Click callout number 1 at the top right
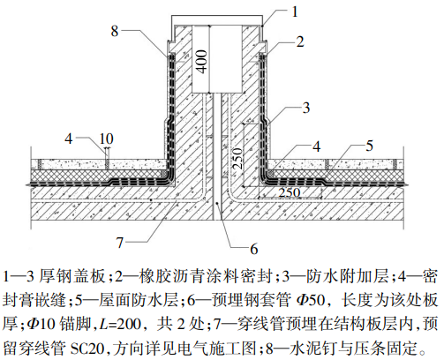click(295, 11)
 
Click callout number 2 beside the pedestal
click(300, 41)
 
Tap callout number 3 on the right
click(306, 108)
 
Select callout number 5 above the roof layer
click(369, 146)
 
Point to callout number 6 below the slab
click(254, 249)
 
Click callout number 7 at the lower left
click(119, 243)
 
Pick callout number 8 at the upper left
click(115, 31)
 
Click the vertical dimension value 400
click(201, 62)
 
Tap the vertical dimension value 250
click(237, 159)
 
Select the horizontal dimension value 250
click(290, 192)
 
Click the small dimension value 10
click(107, 139)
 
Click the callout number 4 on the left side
click(69, 139)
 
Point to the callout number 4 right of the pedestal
click(316, 146)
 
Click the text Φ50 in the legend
click(311, 300)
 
